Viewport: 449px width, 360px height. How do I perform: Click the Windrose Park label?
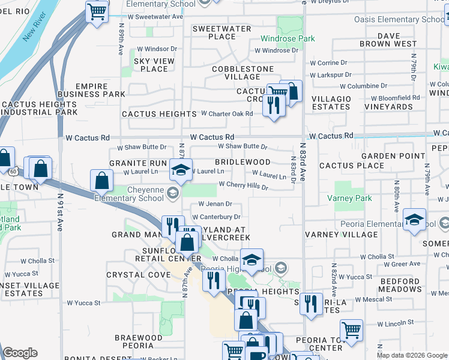pos(288,39)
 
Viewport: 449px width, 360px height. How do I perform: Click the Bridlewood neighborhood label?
pos(243,162)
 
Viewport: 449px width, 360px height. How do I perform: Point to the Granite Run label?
pos(137,163)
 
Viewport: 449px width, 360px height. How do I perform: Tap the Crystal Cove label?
pos(134,275)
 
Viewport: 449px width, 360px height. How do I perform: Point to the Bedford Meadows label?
pos(392,285)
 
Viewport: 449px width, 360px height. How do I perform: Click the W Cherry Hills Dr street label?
pos(243,185)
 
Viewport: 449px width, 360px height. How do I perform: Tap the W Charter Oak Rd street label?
pos(226,113)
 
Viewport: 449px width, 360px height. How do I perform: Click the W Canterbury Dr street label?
pos(216,217)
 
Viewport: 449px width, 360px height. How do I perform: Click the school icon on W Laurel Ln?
pos(180,169)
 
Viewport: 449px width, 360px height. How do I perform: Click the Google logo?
pos(20,353)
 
